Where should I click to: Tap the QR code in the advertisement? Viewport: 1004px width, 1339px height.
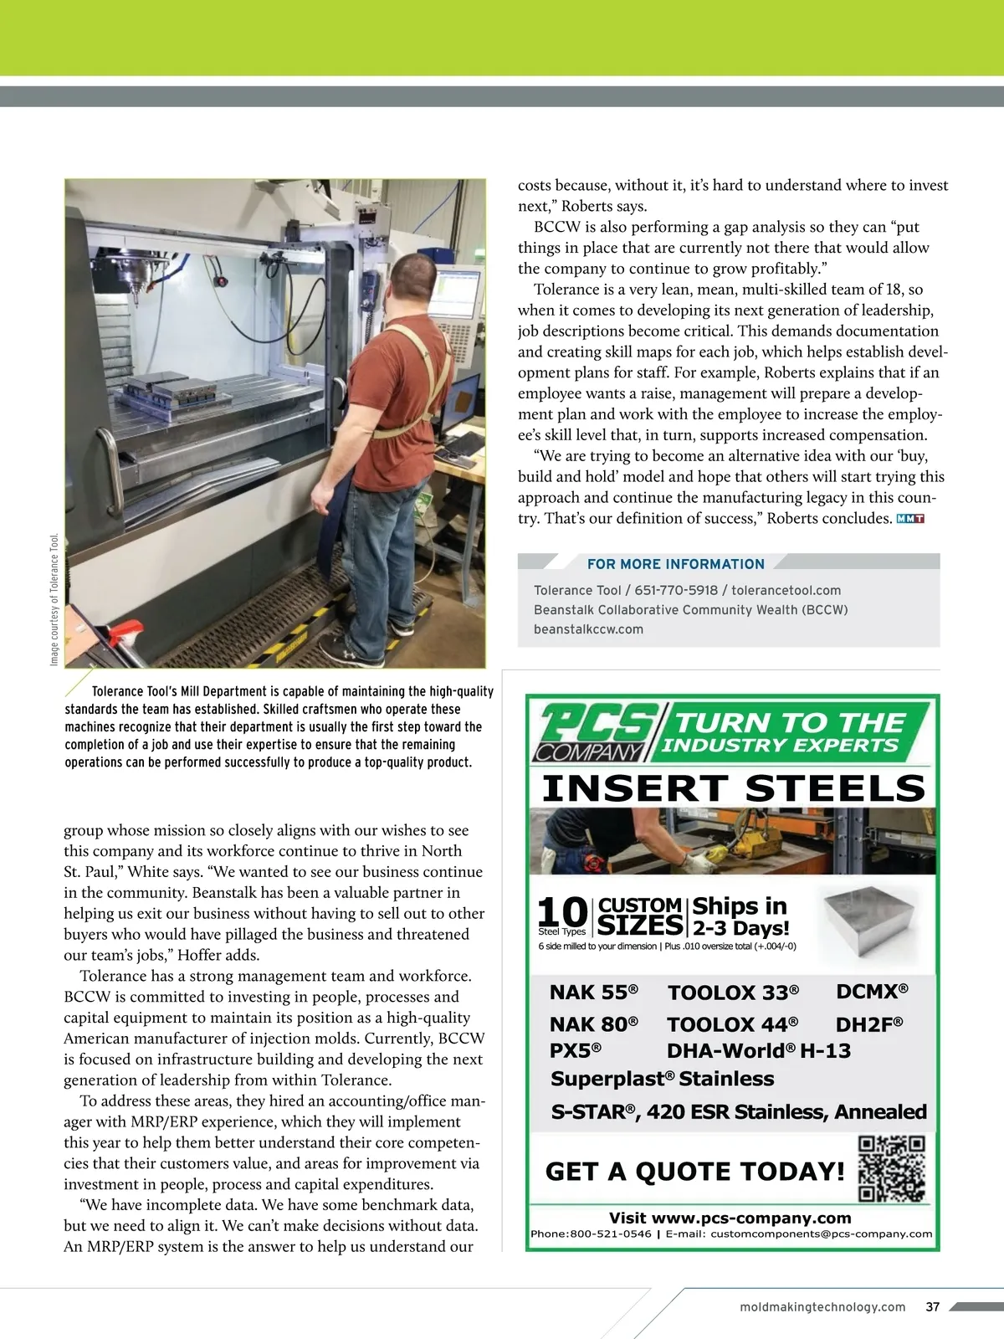pyautogui.click(x=892, y=1168)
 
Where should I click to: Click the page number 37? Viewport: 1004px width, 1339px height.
pyautogui.click(x=933, y=1306)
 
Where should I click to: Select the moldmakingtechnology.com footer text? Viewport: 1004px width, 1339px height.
pyautogui.click(x=822, y=1306)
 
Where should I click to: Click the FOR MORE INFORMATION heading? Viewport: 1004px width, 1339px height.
pyautogui.click(x=675, y=564)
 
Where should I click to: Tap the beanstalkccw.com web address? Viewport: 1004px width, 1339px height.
pyautogui.click(x=588, y=629)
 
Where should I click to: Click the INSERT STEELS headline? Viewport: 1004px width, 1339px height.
pyautogui.click(x=734, y=788)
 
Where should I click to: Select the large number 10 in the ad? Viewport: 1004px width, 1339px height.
pyautogui.click(x=561, y=911)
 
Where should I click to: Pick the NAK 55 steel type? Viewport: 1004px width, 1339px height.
pyautogui.click(x=593, y=993)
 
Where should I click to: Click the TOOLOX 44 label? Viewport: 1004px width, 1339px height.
pyautogui.click(x=732, y=1024)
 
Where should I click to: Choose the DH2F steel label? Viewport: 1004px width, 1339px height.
pyautogui.click(x=868, y=1023)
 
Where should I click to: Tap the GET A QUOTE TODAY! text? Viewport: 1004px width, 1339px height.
pyautogui.click(x=694, y=1172)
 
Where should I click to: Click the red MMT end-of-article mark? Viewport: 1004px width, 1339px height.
pyautogui.click(x=909, y=519)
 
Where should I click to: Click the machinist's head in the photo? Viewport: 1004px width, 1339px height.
pyautogui.click(x=415, y=279)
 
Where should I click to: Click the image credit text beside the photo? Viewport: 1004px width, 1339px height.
pyautogui.click(x=54, y=599)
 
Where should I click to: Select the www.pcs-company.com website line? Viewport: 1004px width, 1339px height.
pyautogui.click(x=730, y=1218)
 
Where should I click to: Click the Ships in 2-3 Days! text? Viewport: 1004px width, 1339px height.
pyautogui.click(x=740, y=917)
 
